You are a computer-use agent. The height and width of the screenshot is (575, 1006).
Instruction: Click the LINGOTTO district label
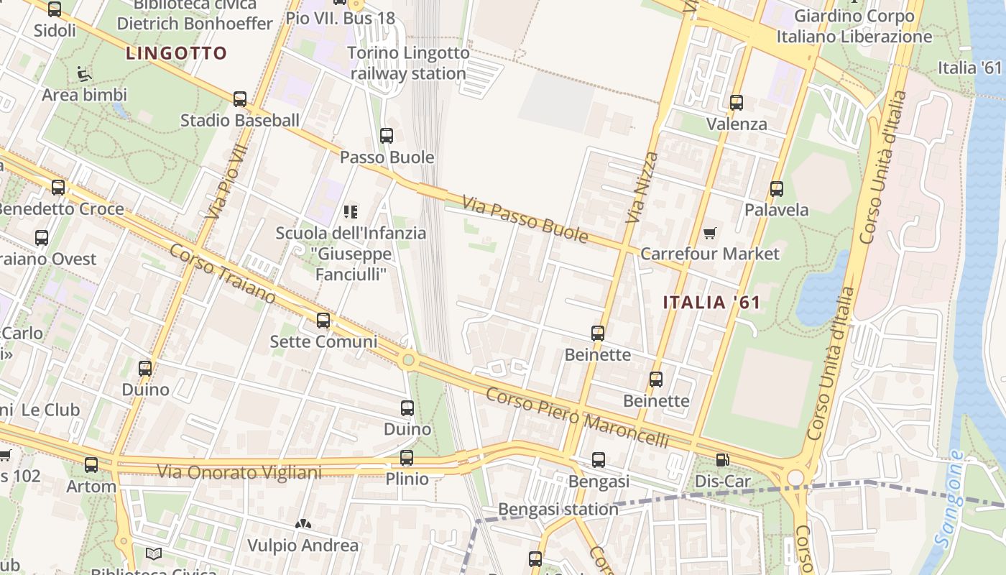tap(176, 53)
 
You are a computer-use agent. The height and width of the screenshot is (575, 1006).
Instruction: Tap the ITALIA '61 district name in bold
tap(711, 303)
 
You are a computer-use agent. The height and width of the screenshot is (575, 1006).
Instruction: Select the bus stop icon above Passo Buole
tap(387, 135)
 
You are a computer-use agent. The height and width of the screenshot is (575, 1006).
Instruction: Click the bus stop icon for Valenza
tap(737, 102)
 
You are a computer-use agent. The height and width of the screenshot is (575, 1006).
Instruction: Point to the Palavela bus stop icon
tap(777, 189)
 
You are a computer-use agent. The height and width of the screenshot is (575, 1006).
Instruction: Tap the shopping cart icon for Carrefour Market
tap(710, 232)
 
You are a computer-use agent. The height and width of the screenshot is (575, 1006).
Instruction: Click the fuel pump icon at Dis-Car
tap(723, 460)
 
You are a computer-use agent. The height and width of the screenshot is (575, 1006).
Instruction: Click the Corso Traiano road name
tap(223, 274)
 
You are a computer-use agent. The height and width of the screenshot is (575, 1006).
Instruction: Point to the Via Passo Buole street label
tap(525, 219)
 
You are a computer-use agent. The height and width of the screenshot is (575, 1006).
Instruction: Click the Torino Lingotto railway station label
tap(409, 63)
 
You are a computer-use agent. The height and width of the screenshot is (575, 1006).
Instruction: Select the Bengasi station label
tap(558, 509)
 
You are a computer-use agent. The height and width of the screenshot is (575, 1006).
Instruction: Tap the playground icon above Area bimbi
tap(84, 73)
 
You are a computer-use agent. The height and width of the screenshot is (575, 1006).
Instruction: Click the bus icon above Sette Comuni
tap(323, 320)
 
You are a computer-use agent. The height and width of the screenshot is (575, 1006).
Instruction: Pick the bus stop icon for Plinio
tap(407, 458)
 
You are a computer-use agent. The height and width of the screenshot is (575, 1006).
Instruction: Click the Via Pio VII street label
tap(225, 182)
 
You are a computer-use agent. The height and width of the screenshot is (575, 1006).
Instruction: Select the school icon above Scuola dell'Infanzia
tap(351, 211)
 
